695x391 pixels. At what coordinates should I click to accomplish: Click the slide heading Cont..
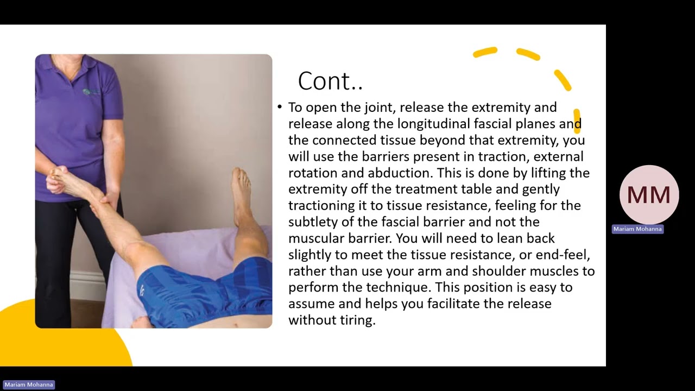click(330, 81)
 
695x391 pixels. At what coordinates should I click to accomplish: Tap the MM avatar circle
click(649, 195)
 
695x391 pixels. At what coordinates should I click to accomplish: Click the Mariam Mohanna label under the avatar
click(637, 229)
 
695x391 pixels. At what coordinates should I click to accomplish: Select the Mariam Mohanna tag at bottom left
click(29, 384)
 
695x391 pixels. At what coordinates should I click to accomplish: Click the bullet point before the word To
click(280, 108)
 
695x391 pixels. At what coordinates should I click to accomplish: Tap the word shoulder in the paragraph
click(499, 271)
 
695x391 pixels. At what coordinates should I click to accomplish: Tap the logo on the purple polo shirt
click(92, 92)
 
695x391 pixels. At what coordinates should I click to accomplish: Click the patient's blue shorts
click(206, 293)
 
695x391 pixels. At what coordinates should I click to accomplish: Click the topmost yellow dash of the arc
click(485, 52)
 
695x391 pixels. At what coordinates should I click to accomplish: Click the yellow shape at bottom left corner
click(65, 348)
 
